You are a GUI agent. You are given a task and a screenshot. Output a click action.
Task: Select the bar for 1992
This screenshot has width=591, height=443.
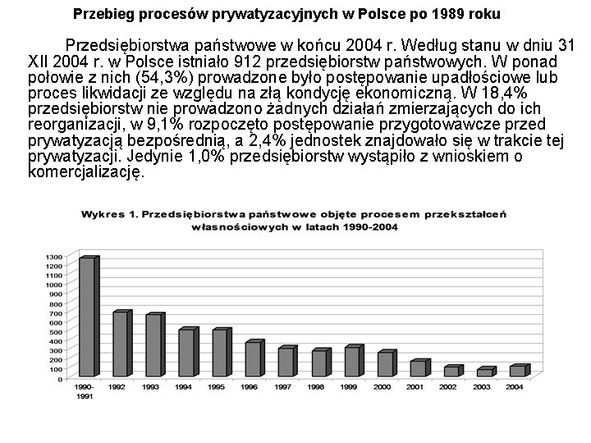[120, 345]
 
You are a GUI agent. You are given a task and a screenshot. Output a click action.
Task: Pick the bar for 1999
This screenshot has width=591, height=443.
[350, 362]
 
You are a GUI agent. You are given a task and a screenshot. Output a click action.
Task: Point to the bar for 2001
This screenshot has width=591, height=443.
[418, 369]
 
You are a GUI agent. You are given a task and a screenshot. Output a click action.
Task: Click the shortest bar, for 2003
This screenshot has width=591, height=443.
[484, 373]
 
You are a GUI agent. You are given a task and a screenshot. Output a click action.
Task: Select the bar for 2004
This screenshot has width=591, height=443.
[516, 372]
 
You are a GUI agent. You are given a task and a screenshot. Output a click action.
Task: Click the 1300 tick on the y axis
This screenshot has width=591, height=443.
[53, 256]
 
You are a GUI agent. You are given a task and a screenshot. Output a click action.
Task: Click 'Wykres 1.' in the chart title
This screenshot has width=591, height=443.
[108, 213]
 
